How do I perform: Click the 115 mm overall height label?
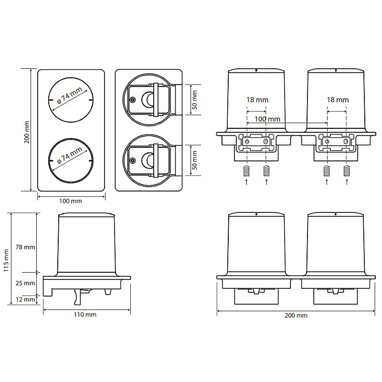[6, 260]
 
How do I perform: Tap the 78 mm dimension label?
[25, 247]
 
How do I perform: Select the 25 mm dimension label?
[25, 283]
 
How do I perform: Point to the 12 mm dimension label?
[25, 299]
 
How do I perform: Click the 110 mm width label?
[85, 315]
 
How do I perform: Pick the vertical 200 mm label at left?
[27, 132]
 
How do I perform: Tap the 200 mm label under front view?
[296, 316]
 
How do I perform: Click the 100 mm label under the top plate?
[71, 201]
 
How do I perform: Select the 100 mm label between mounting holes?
[267, 119]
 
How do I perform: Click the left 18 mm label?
[257, 100]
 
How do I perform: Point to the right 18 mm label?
[338, 100]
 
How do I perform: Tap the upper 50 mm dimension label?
[195, 100]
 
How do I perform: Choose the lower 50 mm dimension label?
[195, 160]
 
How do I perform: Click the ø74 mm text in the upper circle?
[70, 95]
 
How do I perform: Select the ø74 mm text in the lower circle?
[70, 155]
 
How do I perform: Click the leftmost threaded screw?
[246, 170]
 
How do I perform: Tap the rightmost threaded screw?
[347, 170]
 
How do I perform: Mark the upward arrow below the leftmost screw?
[246, 182]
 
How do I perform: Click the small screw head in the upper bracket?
[133, 100]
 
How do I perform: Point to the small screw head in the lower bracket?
[133, 160]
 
